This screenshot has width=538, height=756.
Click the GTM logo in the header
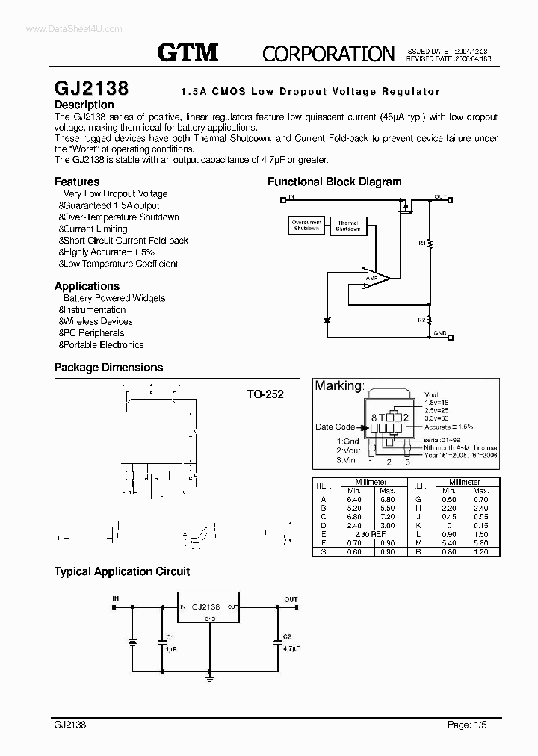tap(188, 52)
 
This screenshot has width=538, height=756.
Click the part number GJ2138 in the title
tap(91, 88)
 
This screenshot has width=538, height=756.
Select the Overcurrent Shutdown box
tap(306, 226)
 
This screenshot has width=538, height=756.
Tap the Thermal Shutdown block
tap(347, 226)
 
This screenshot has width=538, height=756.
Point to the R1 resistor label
tap(421, 243)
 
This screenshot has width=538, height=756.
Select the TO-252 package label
tap(266, 394)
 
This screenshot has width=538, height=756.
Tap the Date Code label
tap(335, 427)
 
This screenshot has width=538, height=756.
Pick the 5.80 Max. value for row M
tap(480, 544)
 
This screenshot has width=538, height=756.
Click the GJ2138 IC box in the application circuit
tap(208, 607)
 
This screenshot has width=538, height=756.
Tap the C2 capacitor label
tap(286, 637)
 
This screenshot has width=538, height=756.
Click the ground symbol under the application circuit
tap(210, 678)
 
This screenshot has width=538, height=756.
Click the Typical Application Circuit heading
tap(122, 571)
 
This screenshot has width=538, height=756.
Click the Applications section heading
tap(87, 286)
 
